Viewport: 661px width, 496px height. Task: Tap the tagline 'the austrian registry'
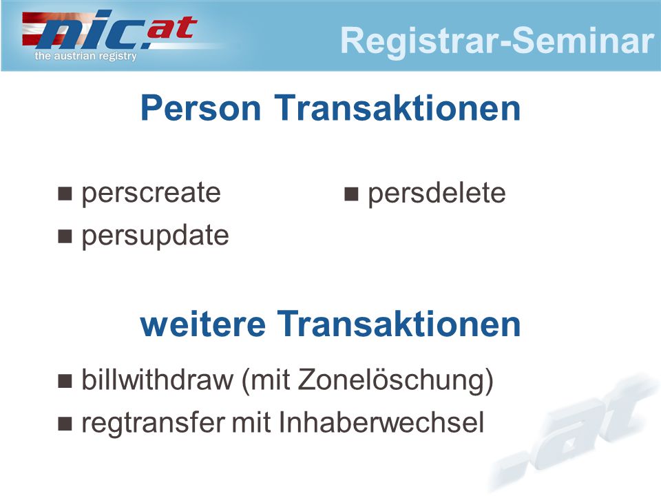click(x=85, y=56)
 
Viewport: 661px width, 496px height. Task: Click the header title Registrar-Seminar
click(x=497, y=41)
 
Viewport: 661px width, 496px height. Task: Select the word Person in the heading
click(x=200, y=108)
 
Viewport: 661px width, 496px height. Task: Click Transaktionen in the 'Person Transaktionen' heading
click(x=397, y=108)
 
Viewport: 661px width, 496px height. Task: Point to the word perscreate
click(x=151, y=194)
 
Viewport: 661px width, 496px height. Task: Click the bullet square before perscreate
click(x=65, y=194)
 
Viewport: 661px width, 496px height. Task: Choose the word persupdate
click(x=155, y=236)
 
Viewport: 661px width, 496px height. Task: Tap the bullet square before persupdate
click(x=65, y=236)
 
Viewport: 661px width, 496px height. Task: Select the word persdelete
click(x=437, y=194)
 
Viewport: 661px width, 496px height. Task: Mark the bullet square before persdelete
click(x=351, y=194)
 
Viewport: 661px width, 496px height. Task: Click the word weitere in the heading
click(x=202, y=324)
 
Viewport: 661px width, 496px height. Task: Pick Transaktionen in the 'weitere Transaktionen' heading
click(x=399, y=324)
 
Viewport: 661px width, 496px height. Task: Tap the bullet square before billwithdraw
click(x=65, y=381)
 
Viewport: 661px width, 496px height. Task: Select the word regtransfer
click(x=154, y=422)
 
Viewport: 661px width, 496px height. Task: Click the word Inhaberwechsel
click(x=381, y=422)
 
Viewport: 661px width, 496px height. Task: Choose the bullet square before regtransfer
click(x=65, y=424)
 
